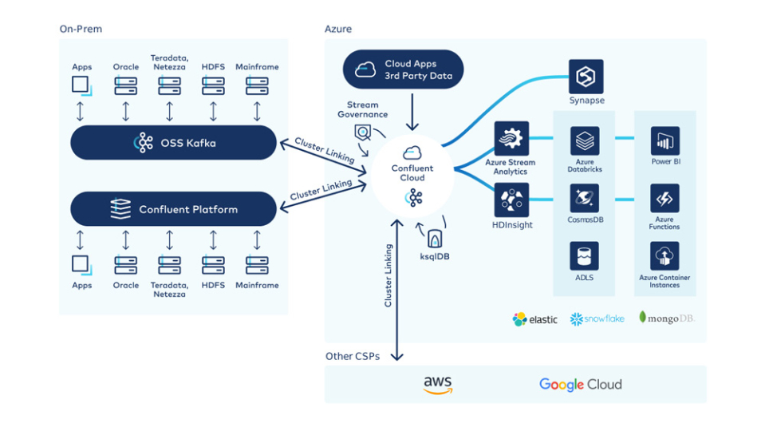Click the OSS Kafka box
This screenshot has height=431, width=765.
[174, 143]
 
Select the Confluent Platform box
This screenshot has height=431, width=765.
[174, 209]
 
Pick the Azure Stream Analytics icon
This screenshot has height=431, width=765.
[511, 139]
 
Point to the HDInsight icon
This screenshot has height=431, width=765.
[511, 200]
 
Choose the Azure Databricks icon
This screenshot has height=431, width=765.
[585, 140]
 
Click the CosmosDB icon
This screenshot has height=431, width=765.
[585, 198]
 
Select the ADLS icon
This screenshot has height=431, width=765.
[585, 256]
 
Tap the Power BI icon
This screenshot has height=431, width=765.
[664, 140]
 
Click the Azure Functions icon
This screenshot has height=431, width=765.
[664, 198]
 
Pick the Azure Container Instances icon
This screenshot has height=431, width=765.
[664, 256]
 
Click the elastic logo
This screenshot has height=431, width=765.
[535, 319]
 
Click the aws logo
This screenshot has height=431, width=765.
[438, 386]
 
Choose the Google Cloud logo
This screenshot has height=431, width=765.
[580, 385]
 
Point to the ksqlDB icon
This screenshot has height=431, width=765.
[435, 238]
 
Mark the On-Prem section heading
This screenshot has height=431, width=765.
[81, 30]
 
